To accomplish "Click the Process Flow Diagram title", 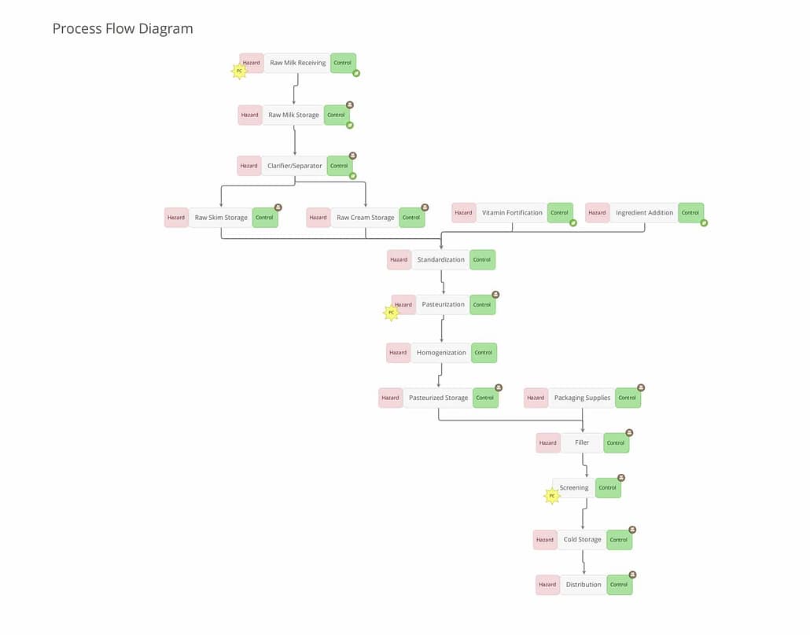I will point(123,29).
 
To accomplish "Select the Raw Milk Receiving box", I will point(297,63).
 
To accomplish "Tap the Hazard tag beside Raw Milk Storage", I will point(250,115).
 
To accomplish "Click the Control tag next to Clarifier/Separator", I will point(339,166).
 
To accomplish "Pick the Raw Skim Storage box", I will point(221,218).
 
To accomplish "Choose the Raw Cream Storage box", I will point(365,218).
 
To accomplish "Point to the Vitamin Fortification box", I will point(512,213).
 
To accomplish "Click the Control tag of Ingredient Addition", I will point(690,213).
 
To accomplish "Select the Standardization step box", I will point(440,259).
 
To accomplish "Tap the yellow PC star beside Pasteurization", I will point(391,313).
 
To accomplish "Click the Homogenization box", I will point(441,353).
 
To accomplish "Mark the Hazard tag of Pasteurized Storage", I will point(391,398).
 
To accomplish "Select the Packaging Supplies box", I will point(582,398).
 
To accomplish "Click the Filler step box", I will point(582,442).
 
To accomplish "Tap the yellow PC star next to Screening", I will point(552,496).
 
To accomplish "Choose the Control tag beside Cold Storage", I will point(619,540).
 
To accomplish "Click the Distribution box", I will point(584,585).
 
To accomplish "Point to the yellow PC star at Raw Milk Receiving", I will point(239,71).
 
